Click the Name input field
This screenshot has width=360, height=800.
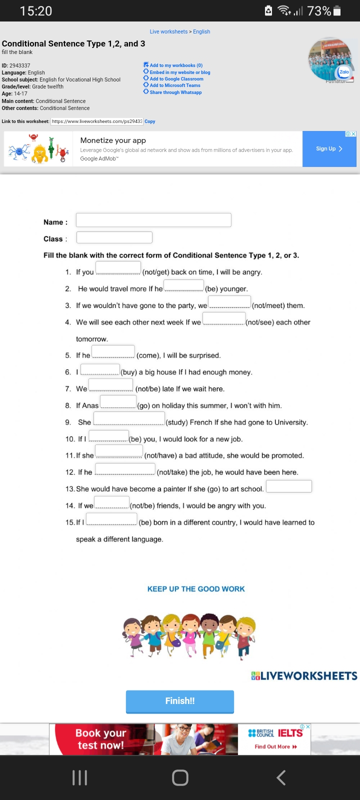153,220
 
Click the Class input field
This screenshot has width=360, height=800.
114,237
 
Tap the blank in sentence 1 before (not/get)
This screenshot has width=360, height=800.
118,268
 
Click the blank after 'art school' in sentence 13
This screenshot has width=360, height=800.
289,486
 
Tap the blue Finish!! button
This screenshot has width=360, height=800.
180,701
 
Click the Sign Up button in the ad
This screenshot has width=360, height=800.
329,148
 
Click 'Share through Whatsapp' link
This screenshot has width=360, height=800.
175,92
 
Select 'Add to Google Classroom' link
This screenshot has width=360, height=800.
176,79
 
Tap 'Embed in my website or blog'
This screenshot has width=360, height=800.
179,72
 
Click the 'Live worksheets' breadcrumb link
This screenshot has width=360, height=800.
168,31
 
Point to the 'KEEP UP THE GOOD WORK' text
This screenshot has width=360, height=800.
196,589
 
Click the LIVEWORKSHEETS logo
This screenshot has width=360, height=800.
304,676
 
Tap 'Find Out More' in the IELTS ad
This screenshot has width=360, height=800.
275,746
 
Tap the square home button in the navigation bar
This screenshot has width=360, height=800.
180,777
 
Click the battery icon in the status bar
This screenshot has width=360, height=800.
337,11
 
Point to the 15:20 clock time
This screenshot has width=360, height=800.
36,11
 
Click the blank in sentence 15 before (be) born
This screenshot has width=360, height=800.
111,519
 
